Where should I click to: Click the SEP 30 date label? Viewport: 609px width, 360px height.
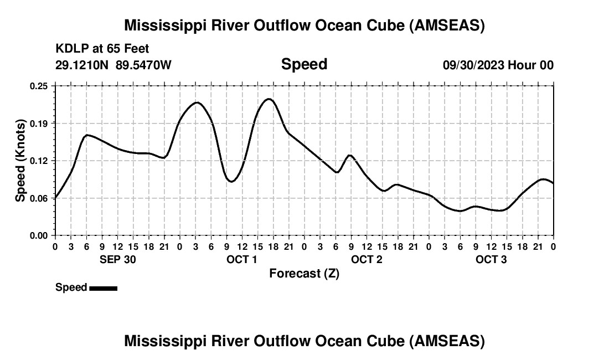pos(117,260)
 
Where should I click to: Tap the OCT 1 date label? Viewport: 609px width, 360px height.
pos(242,260)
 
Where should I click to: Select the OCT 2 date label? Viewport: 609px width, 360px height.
pos(367,260)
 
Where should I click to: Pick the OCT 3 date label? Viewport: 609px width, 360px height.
pos(491,260)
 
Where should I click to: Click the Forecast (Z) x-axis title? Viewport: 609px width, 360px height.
pos(304,274)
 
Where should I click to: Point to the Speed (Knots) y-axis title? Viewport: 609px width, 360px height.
pos(20,161)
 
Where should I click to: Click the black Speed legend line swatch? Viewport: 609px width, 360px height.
pos(103,288)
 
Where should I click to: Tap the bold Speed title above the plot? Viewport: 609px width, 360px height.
pos(304,64)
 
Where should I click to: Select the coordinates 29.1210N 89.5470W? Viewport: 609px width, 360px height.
pos(113,65)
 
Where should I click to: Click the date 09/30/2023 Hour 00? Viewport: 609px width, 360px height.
pos(498,65)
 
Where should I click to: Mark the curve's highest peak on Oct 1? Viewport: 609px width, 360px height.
pos(269,99)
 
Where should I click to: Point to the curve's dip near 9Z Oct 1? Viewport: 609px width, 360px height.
pos(231,181)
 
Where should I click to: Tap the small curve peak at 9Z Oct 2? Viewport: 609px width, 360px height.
pos(349,155)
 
